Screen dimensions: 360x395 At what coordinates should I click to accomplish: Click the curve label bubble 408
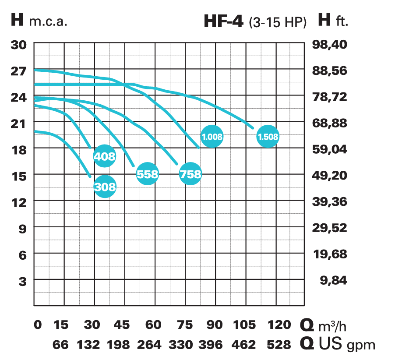[x=105, y=156]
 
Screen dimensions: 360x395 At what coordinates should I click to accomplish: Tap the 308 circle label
[x=105, y=187]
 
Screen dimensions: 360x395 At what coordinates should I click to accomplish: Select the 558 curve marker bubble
[x=147, y=174]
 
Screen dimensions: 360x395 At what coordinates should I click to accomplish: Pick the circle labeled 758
[x=190, y=174]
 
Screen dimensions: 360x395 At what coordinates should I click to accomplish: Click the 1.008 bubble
[x=212, y=136]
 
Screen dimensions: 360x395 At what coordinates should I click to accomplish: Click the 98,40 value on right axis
[x=330, y=44]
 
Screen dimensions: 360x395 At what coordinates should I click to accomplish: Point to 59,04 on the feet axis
[x=330, y=149]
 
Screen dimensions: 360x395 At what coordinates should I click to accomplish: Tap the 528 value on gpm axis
[x=279, y=344]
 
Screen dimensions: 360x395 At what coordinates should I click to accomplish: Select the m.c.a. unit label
[x=48, y=21]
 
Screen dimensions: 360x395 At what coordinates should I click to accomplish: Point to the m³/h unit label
[x=335, y=325]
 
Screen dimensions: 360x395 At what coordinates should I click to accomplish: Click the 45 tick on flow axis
[x=122, y=325]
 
